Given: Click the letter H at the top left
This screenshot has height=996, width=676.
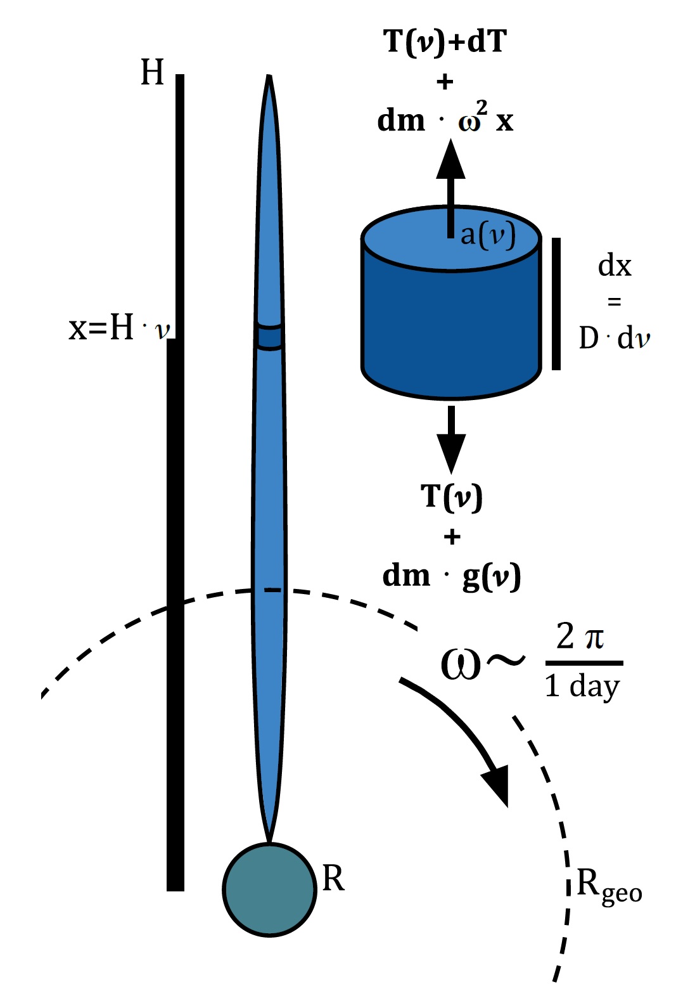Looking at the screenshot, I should tap(152, 72).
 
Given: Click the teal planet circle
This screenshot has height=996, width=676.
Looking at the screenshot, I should tap(269, 889).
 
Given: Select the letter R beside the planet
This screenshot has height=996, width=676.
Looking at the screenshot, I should tap(333, 879).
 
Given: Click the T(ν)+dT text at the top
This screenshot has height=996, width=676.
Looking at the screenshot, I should tap(445, 42).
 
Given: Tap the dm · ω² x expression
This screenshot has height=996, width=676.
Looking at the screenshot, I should tap(445, 119).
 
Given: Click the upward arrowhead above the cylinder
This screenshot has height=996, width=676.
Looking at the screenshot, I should tap(450, 158).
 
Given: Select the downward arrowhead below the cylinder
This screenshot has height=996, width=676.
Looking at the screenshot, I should tap(451, 453).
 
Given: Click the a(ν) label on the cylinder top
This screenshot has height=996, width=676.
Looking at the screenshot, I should tap(487, 235).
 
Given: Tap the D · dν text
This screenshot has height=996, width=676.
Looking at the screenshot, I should tap(614, 338).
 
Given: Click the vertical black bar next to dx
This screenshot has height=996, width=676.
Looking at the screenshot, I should tap(556, 304).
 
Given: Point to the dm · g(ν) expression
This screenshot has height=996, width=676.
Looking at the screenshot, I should tap(451, 576).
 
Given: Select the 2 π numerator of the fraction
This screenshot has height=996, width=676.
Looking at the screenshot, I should tap(580, 636).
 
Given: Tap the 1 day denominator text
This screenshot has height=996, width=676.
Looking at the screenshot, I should tap(582, 686).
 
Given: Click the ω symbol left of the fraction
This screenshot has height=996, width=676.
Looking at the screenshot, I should tap(461, 664).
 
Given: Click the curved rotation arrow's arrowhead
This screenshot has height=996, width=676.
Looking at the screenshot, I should tap(497, 785).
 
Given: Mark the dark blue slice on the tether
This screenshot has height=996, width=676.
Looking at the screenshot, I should tap(269, 337).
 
